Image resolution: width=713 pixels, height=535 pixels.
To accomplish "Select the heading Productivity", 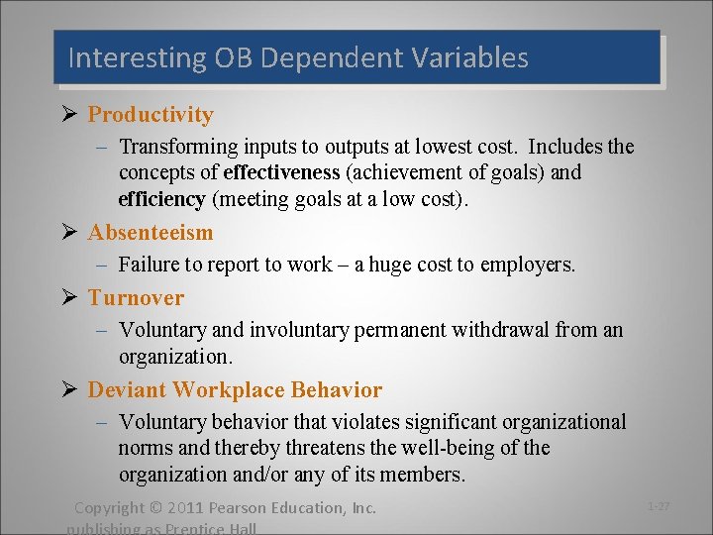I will (151, 115).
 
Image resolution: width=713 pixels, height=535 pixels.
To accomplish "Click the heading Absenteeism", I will (151, 233).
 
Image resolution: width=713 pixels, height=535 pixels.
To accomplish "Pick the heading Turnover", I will (136, 298).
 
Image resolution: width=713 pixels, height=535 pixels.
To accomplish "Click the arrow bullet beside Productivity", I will (69, 114).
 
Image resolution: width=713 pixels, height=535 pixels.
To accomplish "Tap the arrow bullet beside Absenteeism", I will (69, 232).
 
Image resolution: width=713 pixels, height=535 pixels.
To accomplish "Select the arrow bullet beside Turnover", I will (69, 297).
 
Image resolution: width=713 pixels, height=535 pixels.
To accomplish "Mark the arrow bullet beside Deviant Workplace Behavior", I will (69, 389).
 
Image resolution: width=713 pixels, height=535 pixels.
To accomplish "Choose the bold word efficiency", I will (161, 198).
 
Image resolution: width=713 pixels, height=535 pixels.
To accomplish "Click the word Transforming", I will (179, 148).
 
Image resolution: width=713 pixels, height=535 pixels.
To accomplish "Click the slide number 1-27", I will (659, 507).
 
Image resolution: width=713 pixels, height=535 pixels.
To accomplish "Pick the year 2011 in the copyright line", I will (186, 508).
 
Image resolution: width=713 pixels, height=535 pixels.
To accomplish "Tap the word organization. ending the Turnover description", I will (173, 356).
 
